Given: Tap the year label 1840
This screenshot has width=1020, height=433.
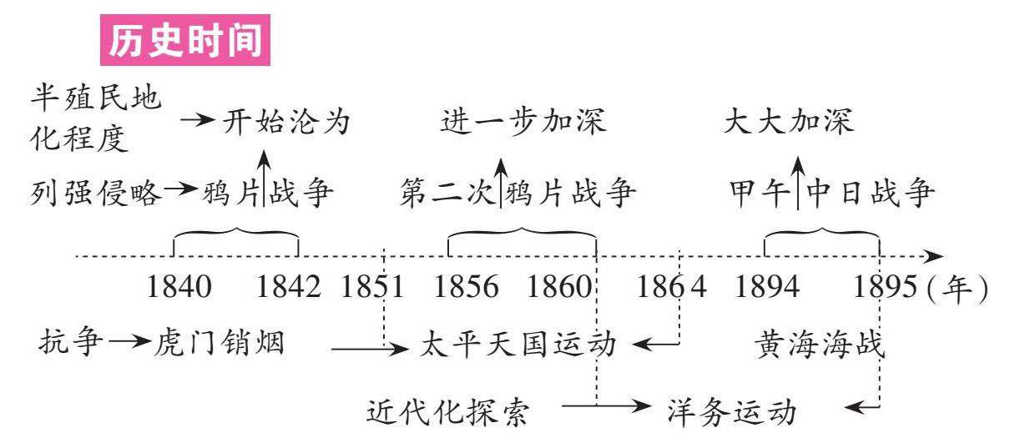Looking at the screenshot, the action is tap(179, 289).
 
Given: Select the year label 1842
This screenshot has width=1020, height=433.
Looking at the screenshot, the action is tap(288, 289).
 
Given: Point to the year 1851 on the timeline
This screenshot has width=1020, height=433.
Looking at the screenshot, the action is tap(372, 289).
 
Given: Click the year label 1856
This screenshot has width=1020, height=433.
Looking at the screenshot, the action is tap(467, 289).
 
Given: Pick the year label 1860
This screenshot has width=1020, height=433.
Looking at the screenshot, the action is tap(559, 289).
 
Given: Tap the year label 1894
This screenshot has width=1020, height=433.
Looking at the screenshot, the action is tap(767, 289).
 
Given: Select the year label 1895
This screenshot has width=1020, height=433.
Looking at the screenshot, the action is tap(886, 289).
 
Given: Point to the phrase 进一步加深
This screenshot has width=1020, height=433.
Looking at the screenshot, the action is tap(523, 124).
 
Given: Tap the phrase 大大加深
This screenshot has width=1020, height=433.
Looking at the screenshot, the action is tap(789, 124).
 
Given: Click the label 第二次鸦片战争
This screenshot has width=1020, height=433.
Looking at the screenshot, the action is tap(518, 194).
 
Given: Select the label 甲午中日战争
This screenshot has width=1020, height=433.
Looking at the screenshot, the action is tap(830, 194).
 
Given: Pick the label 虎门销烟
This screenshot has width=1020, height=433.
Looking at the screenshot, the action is tap(220, 343).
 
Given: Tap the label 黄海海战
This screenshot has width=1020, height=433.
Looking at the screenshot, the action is tap(819, 343).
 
